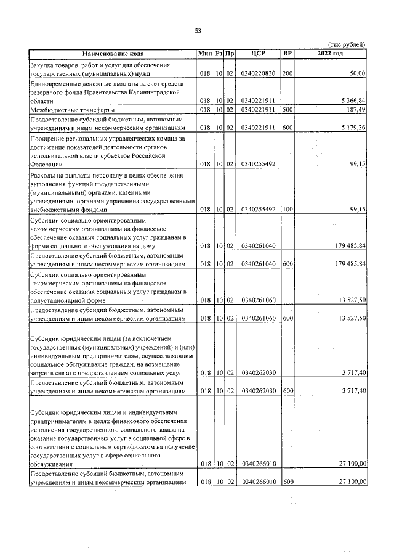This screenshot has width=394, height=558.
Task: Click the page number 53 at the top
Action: coord(198,31)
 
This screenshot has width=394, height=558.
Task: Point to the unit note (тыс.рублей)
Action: coord(347,44)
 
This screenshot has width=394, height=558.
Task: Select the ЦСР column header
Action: coord(259,54)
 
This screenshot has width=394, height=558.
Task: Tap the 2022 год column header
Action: coord(331,54)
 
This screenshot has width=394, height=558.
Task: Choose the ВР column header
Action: coord(287,54)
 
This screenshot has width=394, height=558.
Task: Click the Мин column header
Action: coord(205,54)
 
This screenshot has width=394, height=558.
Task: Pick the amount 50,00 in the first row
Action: coord(358,73)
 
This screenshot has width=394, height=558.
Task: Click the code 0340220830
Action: coord(259,73)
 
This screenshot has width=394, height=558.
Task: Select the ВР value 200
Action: coord(287,73)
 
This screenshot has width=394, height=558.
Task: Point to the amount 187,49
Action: coord(356,109)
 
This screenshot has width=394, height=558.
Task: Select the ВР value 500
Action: coord(287,109)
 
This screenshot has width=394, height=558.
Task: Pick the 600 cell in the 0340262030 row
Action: coord(287,391)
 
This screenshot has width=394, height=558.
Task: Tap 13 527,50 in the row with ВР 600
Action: coord(351,318)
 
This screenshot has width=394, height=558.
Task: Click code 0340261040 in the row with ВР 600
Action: coord(259,264)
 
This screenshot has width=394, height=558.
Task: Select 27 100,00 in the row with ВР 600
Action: coord(351,482)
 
